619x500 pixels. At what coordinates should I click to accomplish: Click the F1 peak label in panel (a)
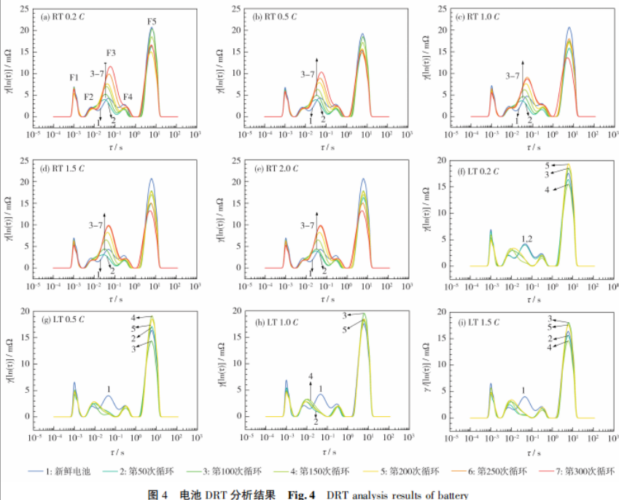(74, 77)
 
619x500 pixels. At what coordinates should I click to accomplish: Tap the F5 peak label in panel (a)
(152, 21)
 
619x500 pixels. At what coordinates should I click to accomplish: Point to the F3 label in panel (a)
(111, 53)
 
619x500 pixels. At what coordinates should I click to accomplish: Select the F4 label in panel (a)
(128, 97)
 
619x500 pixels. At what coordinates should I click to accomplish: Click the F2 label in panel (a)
(88, 97)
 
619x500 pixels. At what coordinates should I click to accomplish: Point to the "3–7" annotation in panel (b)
(308, 74)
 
